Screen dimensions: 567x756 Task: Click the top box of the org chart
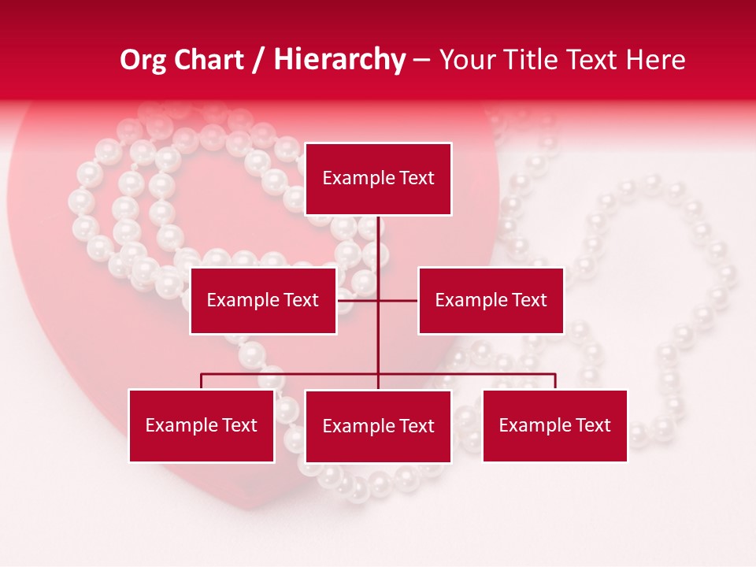pos(378,179)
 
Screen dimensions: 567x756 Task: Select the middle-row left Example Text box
pos(263,300)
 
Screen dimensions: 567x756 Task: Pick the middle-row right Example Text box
pos(491,300)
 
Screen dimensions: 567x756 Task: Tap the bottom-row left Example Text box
pos(202,426)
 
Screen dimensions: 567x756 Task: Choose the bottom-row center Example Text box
pos(378,427)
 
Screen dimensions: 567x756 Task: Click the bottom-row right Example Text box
pos(555,426)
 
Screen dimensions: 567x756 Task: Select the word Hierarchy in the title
pos(339,60)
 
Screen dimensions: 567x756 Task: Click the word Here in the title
pos(655,60)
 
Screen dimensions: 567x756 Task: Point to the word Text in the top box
pos(417,179)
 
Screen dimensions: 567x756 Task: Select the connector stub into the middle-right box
pos(398,300)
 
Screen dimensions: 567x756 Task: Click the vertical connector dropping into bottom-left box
pos(202,381)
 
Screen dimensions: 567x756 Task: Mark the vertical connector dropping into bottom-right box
pos(555,381)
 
